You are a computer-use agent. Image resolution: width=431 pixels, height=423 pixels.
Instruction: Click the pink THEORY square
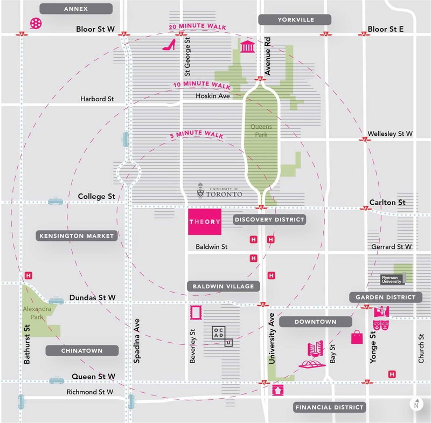[x=204, y=221]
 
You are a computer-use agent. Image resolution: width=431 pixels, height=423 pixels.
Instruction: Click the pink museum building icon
[x=247, y=47]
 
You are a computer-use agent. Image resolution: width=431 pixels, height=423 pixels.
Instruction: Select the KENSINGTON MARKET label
[x=77, y=236]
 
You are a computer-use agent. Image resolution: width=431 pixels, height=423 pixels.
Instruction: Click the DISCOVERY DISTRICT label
[x=269, y=219]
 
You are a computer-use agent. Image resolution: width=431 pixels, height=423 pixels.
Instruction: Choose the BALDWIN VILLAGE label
[x=223, y=286]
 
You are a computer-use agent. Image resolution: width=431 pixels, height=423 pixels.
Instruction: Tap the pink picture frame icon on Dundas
[x=195, y=313]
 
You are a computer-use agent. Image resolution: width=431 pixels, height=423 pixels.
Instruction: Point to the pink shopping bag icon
[x=357, y=337]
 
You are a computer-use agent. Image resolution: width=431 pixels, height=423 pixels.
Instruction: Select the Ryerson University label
[x=392, y=279]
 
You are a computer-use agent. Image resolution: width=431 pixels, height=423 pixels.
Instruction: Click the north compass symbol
[x=415, y=404]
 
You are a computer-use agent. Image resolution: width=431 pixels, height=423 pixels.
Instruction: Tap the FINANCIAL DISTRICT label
[x=329, y=407]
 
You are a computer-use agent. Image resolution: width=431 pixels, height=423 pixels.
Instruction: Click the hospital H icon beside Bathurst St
[x=28, y=276]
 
